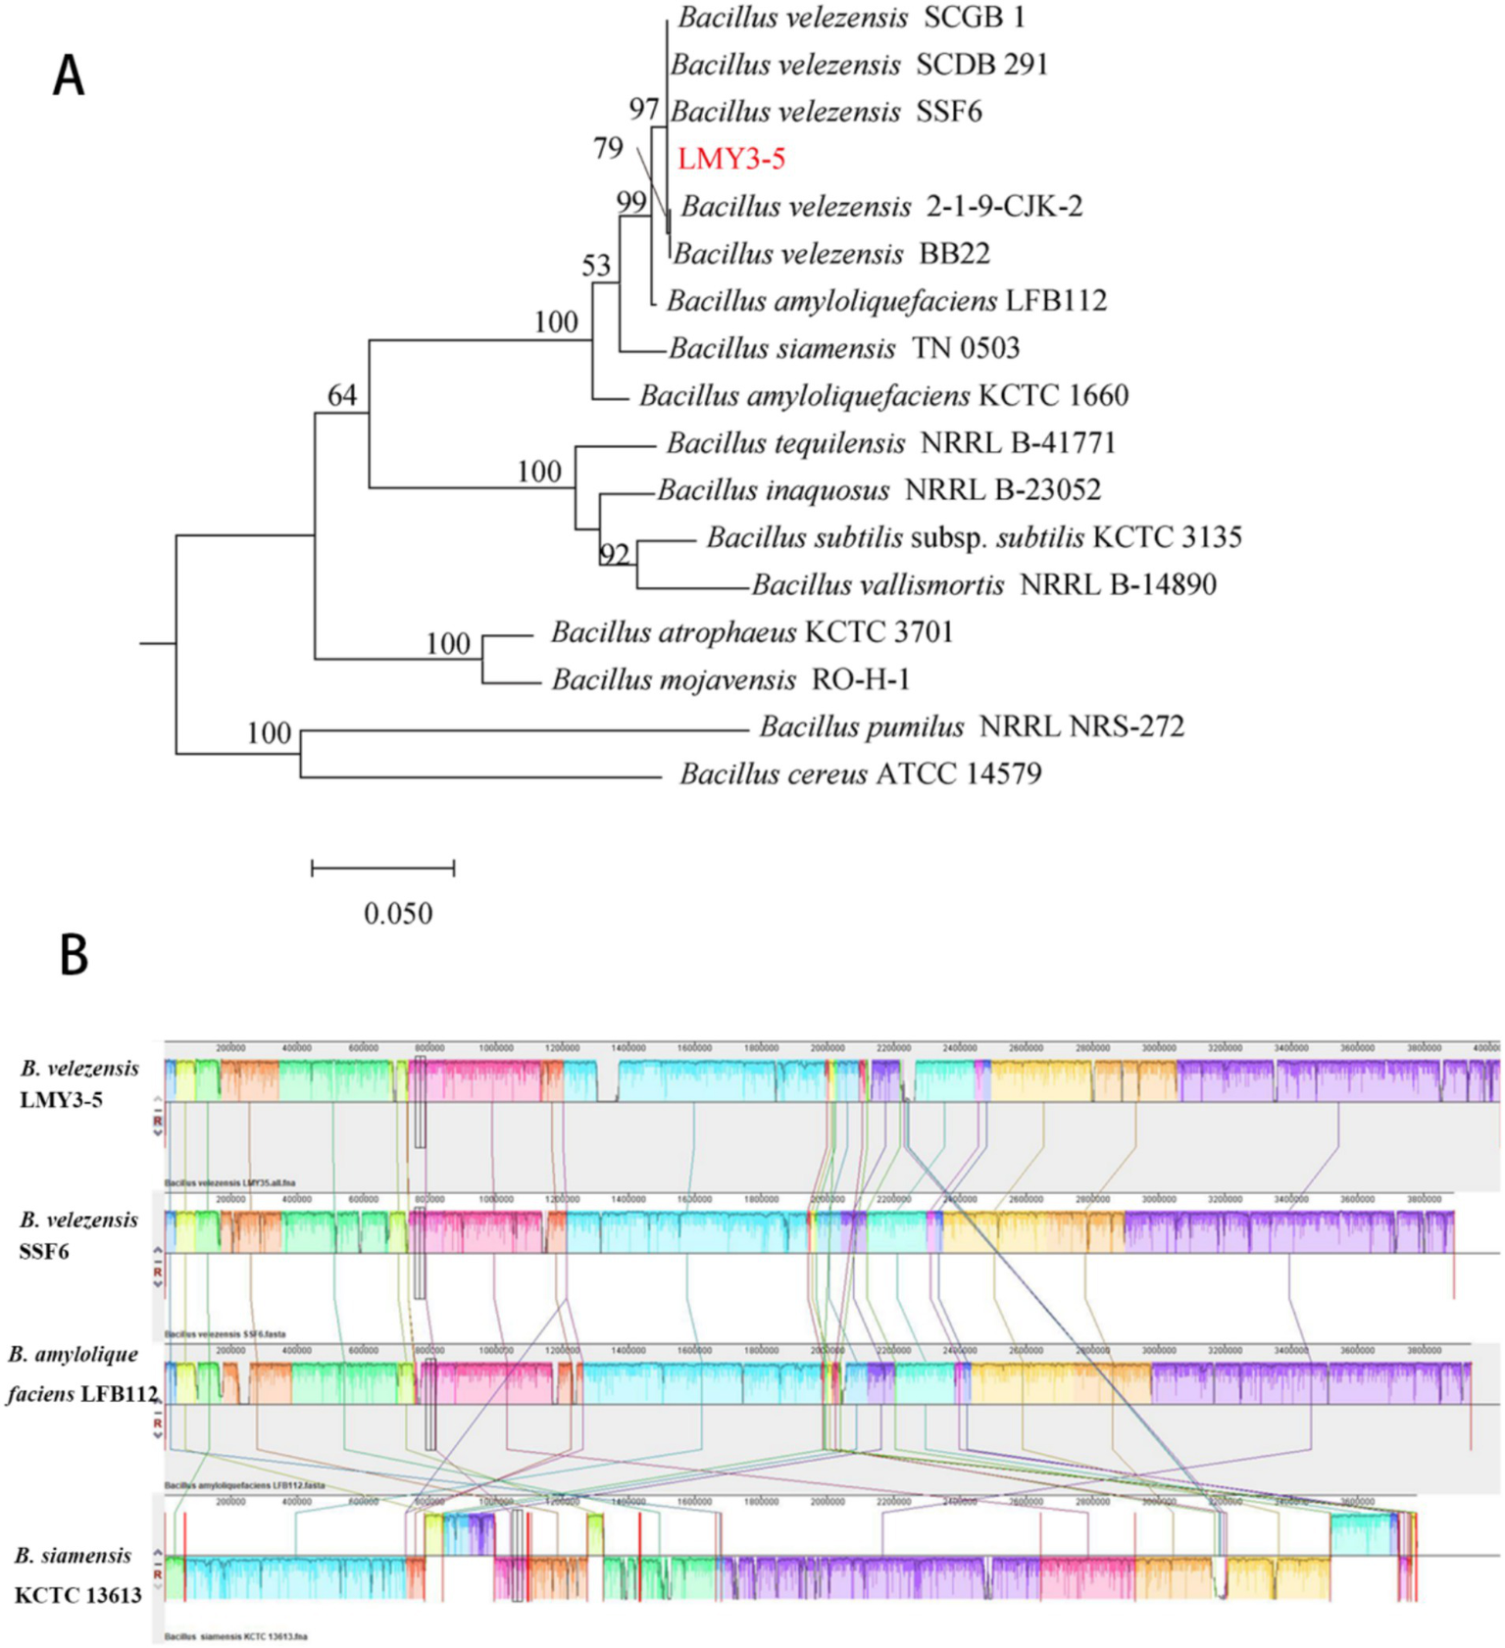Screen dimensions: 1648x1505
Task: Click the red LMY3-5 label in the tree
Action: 731,159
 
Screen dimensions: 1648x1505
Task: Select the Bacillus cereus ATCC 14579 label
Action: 860,774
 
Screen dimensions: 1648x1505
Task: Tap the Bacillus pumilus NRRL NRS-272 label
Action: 972,726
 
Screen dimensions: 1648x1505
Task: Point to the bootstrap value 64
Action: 342,395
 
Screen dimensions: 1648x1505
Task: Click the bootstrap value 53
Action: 596,266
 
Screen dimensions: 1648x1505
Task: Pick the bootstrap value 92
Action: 614,555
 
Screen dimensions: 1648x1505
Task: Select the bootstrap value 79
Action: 608,148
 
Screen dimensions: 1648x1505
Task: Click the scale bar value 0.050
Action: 398,914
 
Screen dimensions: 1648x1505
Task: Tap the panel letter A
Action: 69,75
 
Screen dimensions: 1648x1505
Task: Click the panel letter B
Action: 74,954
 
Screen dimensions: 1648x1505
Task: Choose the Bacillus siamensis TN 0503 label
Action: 844,348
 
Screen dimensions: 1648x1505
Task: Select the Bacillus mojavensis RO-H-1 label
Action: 731,679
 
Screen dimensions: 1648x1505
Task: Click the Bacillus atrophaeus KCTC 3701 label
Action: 752,632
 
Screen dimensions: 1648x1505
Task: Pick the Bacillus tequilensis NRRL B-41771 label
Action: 891,443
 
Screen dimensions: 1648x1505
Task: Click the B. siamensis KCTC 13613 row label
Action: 76,1574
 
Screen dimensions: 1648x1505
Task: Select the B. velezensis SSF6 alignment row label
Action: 78,1235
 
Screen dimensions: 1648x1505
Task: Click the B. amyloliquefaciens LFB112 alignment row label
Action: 80,1373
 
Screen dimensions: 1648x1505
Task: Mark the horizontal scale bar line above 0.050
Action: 383,868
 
